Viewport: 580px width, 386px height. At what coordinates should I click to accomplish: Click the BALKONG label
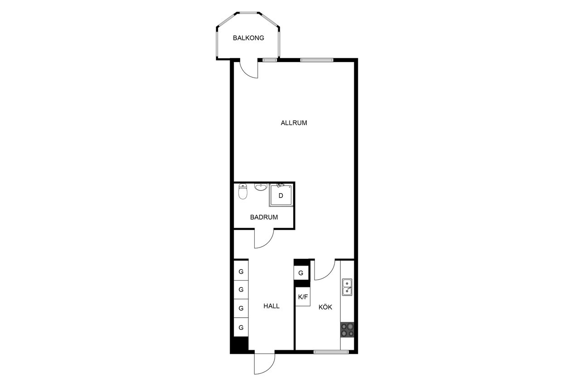(x=248, y=38)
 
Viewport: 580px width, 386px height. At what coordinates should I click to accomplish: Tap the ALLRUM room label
(x=294, y=123)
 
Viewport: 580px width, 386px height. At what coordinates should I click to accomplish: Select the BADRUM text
(x=264, y=217)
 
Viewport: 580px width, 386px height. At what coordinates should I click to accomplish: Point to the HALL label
(x=271, y=306)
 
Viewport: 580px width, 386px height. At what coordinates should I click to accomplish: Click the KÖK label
(x=325, y=307)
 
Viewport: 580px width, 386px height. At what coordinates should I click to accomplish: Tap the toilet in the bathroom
(x=242, y=191)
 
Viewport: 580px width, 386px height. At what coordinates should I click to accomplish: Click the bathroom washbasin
(x=261, y=187)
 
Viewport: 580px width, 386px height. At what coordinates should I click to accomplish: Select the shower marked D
(x=280, y=195)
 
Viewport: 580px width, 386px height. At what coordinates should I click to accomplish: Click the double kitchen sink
(x=347, y=287)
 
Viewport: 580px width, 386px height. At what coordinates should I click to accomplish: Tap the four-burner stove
(x=347, y=329)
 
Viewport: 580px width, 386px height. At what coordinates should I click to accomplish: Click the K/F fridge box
(x=303, y=297)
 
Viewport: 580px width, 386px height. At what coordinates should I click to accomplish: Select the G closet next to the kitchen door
(x=301, y=273)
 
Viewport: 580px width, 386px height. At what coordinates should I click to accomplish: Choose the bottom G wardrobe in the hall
(x=241, y=327)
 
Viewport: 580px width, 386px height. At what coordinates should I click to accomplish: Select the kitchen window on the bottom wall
(x=331, y=352)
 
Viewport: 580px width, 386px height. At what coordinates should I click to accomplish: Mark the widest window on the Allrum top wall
(x=317, y=60)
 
